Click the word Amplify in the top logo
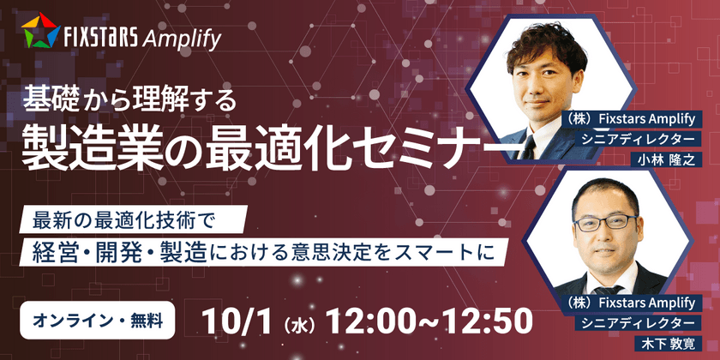coord(182,39)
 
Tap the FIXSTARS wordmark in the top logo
coord(100,39)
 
